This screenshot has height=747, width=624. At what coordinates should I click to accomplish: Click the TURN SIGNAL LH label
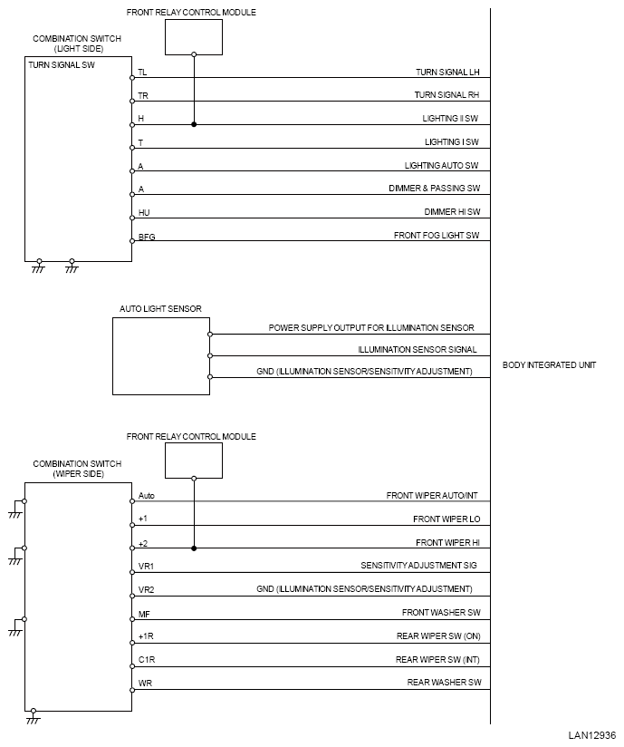point(446,71)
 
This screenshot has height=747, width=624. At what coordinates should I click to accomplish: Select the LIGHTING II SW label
point(450,118)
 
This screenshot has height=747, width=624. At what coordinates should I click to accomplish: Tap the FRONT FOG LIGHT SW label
point(436,236)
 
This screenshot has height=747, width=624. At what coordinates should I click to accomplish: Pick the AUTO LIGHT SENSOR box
point(161,355)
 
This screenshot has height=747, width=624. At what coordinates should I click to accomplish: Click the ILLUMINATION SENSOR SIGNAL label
point(417,349)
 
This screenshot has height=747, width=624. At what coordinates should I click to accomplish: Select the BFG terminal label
point(147,238)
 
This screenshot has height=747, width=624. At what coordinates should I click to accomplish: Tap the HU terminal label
point(144,213)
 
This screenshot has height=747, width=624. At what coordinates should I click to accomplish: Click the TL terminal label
point(142,72)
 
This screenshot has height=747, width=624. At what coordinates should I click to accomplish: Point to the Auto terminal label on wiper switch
point(147,496)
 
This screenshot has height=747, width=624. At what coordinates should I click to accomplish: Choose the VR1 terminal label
point(146,567)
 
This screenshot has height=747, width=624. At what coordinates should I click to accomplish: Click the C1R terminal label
point(146,660)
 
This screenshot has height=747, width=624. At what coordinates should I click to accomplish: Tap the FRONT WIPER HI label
point(447,542)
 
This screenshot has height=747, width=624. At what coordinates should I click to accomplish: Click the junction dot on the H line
point(194,124)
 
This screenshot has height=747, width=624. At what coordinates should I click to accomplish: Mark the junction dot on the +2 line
point(194,548)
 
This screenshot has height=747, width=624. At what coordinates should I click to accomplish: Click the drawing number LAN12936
point(592,735)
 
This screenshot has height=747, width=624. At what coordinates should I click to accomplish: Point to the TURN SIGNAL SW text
point(62,66)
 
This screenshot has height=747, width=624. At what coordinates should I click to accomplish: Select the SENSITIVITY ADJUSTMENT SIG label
point(419,566)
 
